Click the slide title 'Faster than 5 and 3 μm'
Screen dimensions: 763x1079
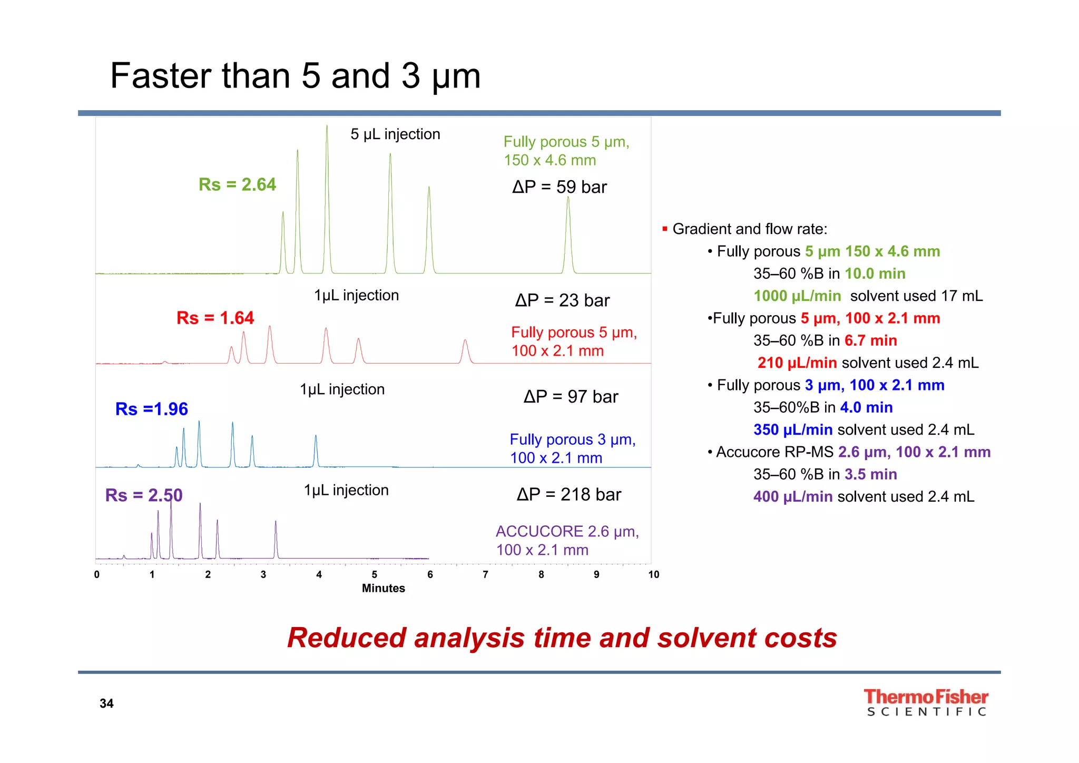pos(295,76)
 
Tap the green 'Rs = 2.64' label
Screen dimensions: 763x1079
pos(237,184)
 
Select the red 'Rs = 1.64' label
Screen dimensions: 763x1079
pos(215,318)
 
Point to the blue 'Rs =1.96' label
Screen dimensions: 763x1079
pos(151,409)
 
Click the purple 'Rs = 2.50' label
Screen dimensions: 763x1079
pos(143,495)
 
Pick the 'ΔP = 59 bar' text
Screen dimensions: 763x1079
pos(560,187)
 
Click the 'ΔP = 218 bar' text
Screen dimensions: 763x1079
pos(569,494)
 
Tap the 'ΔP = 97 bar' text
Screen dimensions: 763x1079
pos(571,397)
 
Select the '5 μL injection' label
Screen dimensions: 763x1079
pos(395,134)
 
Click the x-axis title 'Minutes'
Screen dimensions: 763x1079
pos(383,588)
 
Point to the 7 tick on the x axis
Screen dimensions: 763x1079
pos(485,574)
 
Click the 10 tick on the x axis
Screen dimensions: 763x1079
pos(653,574)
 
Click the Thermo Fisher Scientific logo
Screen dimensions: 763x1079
pos(926,702)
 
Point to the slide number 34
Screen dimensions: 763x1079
pos(106,703)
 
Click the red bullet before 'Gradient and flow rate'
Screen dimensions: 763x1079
pos(665,229)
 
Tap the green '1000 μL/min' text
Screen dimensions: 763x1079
pos(797,296)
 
